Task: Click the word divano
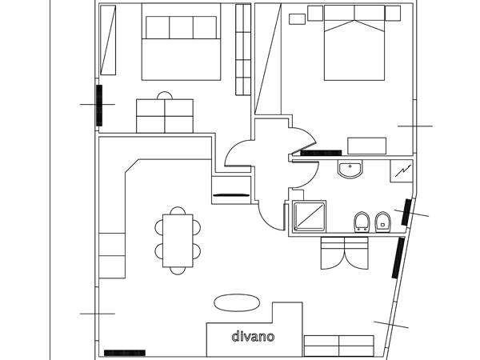(253, 337)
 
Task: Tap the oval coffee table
(237, 303)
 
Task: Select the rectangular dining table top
(178, 241)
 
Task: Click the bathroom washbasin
(350, 169)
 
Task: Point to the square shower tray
(309, 217)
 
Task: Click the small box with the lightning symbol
(402, 171)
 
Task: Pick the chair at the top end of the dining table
(178, 210)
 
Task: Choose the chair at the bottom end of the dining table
(178, 271)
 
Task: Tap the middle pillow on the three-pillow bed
(182, 27)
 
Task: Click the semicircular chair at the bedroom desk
(165, 95)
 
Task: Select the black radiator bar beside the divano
(125, 353)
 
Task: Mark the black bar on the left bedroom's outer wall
(99, 106)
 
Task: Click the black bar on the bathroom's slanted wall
(406, 212)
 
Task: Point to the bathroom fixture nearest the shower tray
(362, 222)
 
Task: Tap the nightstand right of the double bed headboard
(393, 13)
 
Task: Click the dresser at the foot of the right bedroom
(366, 146)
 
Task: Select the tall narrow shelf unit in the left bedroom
(243, 50)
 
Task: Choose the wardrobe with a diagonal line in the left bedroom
(108, 40)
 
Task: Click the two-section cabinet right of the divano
(339, 346)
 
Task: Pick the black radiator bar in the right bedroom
(321, 153)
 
